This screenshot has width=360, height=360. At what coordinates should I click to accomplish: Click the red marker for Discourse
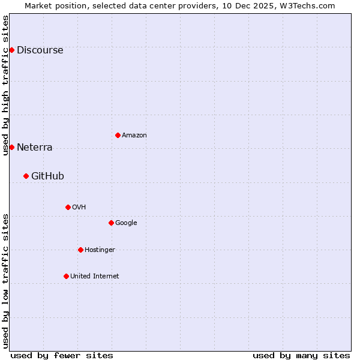click(x=11, y=50)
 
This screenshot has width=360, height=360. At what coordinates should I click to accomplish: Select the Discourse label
click(x=40, y=50)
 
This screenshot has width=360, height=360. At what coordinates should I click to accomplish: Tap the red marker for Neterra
click(x=11, y=147)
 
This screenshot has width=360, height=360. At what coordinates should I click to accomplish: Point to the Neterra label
click(x=34, y=148)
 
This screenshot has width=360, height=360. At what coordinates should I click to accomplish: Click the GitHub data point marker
click(x=26, y=176)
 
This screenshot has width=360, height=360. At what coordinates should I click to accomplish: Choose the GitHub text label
click(x=47, y=176)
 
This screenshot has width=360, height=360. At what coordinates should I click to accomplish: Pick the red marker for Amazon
click(x=118, y=135)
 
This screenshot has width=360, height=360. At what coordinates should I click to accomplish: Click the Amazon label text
click(x=134, y=136)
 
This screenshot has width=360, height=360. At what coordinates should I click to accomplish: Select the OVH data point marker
click(x=68, y=207)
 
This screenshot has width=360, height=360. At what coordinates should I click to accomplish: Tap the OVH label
click(x=79, y=208)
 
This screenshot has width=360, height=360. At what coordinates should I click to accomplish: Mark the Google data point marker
click(x=111, y=223)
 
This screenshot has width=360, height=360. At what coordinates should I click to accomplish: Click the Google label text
click(x=126, y=223)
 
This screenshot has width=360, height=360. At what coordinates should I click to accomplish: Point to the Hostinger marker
click(x=80, y=250)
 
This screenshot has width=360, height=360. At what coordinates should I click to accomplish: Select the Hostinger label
click(x=100, y=250)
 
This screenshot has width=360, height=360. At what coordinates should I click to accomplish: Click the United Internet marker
click(x=66, y=276)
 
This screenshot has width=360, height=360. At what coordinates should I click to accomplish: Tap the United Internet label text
click(x=94, y=277)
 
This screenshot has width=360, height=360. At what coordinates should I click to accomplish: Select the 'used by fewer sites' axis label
click(x=62, y=355)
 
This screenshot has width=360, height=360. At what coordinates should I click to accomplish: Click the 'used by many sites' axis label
click(x=301, y=355)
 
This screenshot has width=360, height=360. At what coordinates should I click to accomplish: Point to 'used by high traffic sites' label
click(x=6, y=85)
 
